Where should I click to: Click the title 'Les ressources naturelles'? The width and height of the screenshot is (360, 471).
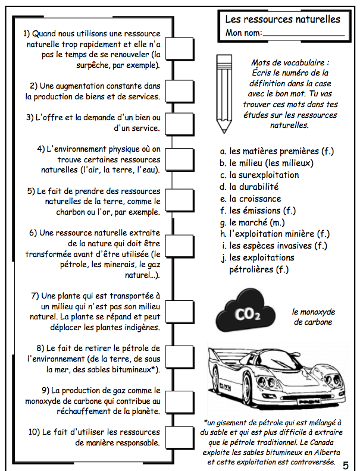pos(283,20)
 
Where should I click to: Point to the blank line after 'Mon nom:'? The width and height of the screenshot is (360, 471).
pos(303,34)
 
